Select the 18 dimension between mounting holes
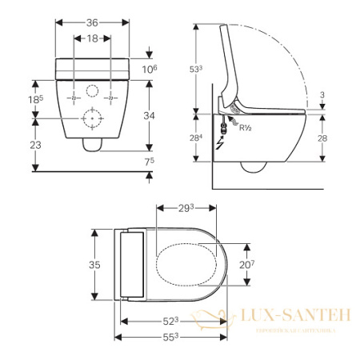click(93, 38)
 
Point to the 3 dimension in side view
click(322, 95)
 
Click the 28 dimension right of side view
click(322, 139)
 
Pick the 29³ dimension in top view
click(186, 208)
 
